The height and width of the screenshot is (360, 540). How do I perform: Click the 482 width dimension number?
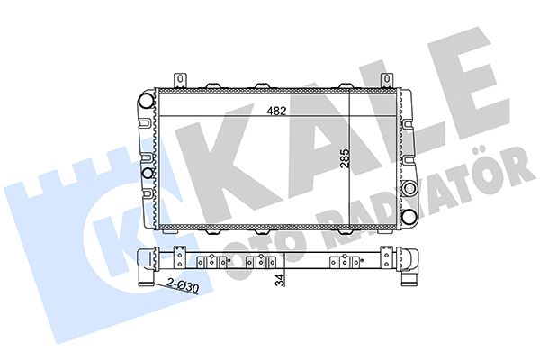click(x=276, y=112)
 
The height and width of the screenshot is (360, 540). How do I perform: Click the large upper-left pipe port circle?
click(x=148, y=100)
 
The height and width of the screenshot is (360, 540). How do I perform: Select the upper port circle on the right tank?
click(x=408, y=189)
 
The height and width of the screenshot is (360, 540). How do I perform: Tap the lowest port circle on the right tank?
click(x=408, y=216)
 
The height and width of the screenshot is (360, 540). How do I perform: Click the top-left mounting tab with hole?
click(x=180, y=80)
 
